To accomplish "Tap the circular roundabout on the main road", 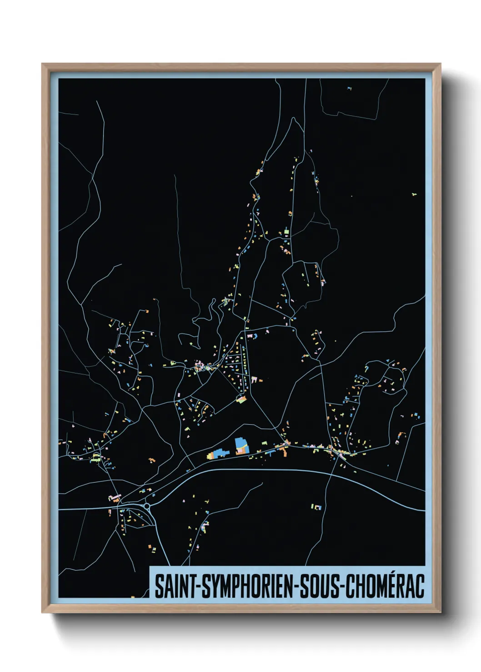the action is pyautogui.click(x=147, y=505).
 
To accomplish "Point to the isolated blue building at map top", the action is pyautogui.click(x=349, y=88).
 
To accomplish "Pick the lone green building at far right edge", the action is pyautogui.click(x=414, y=194).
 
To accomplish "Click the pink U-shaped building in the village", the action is pyautogui.click(x=254, y=380).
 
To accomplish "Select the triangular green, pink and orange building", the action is pyautogui.click(x=241, y=399).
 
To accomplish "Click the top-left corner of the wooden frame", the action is pyautogui.click(x=43, y=64).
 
